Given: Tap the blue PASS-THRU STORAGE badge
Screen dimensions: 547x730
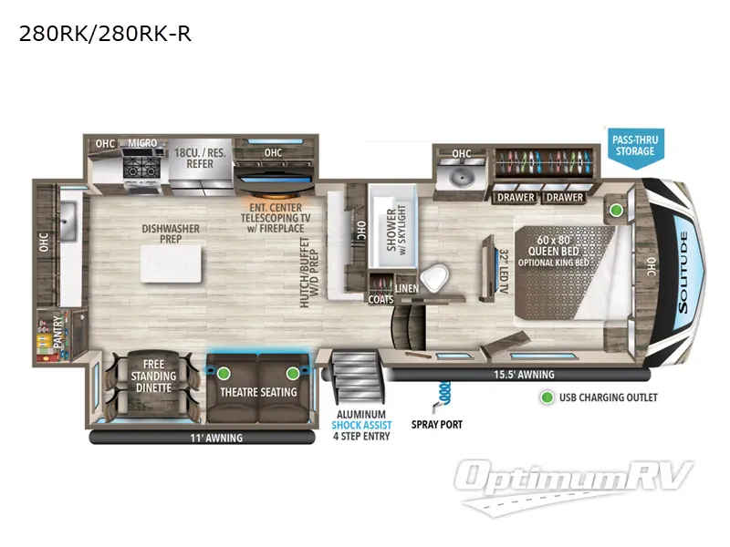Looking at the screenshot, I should (635, 144).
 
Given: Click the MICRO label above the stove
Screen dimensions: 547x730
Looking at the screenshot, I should (142, 143).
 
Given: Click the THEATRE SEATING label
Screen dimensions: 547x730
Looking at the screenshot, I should (258, 392).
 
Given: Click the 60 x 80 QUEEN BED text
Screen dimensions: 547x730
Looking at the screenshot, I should (558, 236).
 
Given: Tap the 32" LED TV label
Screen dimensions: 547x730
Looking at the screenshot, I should (503, 270).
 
